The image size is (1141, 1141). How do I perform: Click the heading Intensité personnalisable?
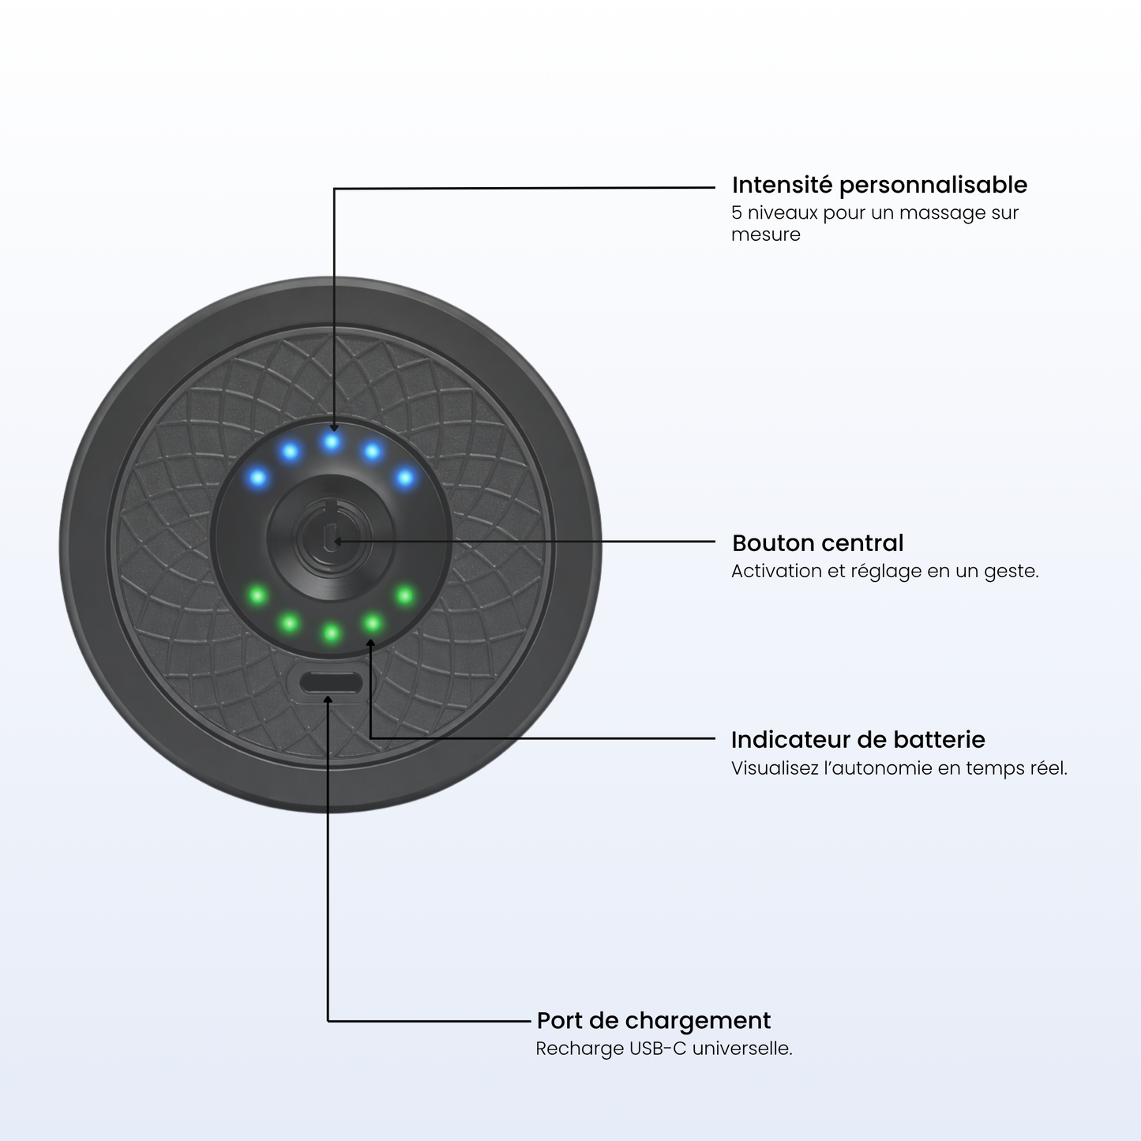click(x=880, y=186)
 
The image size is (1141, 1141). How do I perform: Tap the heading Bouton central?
click(x=818, y=543)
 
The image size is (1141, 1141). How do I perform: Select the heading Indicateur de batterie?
click(x=858, y=740)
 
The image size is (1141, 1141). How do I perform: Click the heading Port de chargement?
click(x=654, y=1020)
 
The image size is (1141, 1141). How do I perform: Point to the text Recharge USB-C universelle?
click(x=664, y=1049)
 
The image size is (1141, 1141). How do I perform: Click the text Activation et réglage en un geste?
click(x=884, y=572)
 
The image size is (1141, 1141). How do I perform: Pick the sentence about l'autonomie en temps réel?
click(x=899, y=768)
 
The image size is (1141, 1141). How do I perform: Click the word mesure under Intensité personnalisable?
click(x=766, y=235)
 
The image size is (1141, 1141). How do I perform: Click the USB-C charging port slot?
click(x=330, y=683)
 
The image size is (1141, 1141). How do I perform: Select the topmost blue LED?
click(x=332, y=441)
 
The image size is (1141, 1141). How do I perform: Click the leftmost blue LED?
click(x=257, y=477)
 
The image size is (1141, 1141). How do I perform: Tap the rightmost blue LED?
click(x=405, y=477)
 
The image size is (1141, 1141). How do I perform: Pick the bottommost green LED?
click(x=332, y=633)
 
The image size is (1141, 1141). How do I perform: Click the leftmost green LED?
click(x=257, y=595)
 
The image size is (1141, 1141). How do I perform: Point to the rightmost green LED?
click(x=405, y=595)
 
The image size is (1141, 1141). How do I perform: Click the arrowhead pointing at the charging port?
click(x=328, y=700)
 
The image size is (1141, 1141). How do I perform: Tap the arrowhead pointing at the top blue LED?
click(x=334, y=427)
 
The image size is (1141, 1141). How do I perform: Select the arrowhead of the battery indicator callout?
click(x=370, y=643)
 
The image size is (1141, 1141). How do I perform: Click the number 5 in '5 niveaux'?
click(x=737, y=212)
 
